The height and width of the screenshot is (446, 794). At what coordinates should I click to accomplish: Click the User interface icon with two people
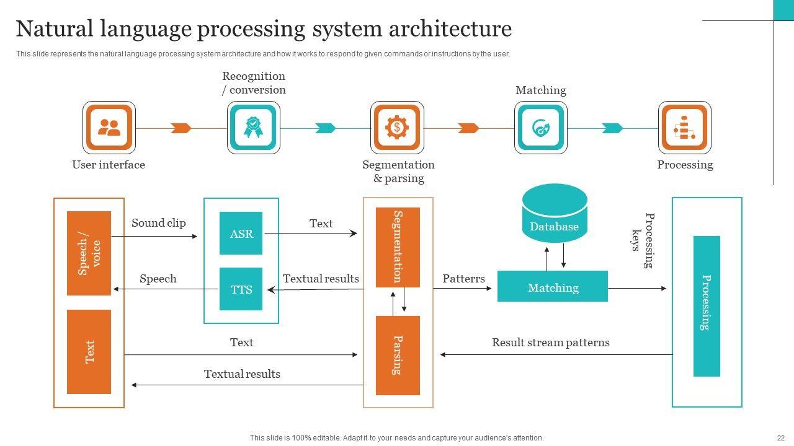[x=109, y=128]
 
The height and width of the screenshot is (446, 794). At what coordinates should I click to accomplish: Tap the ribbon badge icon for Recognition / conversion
[x=253, y=128]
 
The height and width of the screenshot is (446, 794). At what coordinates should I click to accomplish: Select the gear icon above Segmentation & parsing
[x=397, y=128]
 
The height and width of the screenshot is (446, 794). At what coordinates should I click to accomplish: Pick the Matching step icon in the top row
[x=540, y=128]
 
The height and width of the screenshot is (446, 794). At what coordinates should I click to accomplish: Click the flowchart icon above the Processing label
[x=684, y=128]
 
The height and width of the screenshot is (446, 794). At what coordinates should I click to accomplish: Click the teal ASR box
[x=241, y=234]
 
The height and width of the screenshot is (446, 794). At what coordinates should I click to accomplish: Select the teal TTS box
[x=241, y=289]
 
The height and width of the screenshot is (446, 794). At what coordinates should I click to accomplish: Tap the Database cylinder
[x=555, y=214]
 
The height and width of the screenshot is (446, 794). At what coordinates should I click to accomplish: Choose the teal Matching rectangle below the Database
[x=553, y=287]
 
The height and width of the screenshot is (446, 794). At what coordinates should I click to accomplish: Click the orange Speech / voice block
[x=89, y=253]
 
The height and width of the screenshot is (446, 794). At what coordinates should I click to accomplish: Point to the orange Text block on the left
[x=89, y=352]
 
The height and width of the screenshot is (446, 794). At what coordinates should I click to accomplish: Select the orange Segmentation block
[x=398, y=247]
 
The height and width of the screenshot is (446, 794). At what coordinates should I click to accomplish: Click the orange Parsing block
[x=398, y=355]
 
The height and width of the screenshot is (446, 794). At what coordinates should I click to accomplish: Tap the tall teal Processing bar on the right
[x=707, y=306]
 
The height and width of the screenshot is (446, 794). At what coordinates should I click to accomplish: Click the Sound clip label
[x=158, y=223]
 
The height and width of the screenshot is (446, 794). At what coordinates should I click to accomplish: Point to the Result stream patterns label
[x=550, y=343]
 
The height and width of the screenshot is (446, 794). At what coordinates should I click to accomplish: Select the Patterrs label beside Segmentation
[x=463, y=279]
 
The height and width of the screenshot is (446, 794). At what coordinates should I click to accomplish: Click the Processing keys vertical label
[x=643, y=240]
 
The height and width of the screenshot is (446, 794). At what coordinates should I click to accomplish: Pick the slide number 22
[x=780, y=438]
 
